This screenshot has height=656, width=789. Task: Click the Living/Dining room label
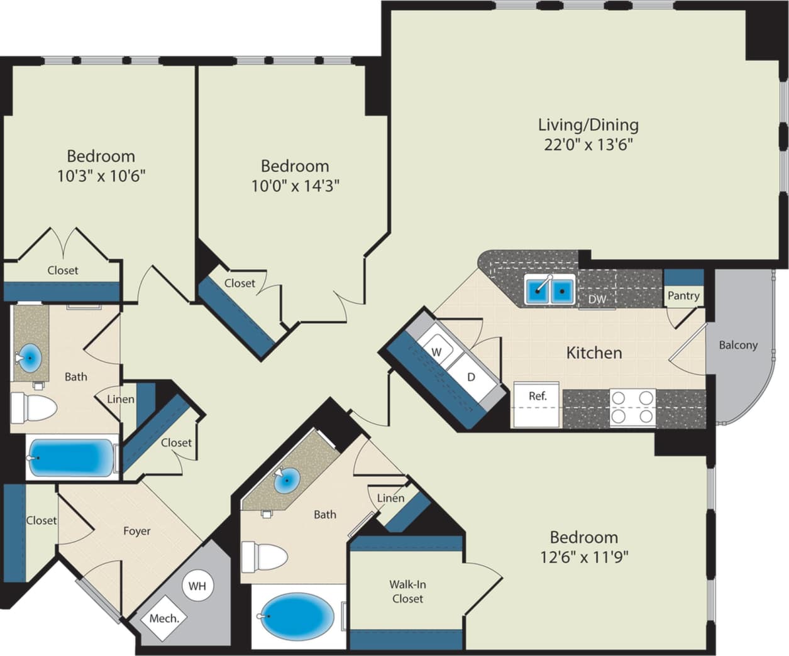pyautogui.click(x=588, y=124)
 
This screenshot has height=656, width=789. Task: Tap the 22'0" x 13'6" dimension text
pyautogui.click(x=588, y=145)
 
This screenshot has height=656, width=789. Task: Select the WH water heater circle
pyautogui.click(x=197, y=586)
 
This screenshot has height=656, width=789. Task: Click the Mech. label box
pyautogui.click(x=164, y=618)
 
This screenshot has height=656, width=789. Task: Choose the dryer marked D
pyautogui.click(x=470, y=377)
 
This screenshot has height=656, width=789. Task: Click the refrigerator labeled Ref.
pyautogui.click(x=537, y=396)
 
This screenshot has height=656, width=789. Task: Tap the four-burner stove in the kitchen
pyautogui.click(x=632, y=407)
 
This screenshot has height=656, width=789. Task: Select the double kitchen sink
pyautogui.click(x=550, y=290)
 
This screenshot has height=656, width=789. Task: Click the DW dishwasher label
pyautogui.click(x=597, y=300)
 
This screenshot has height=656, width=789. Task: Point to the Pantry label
pyautogui.click(x=683, y=295)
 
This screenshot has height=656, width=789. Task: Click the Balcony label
pyautogui.click(x=738, y=345)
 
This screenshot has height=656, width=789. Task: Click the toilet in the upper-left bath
pyautogui.click(x=34, y=408)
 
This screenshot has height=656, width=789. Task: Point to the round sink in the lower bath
pyautogui.click(x=287, y=483)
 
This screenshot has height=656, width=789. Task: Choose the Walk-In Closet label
pyautogui.click(x=408, y=591)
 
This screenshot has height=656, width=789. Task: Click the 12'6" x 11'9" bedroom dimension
pyautogui.click(x=583, y=556)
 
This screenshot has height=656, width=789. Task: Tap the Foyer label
pyautogui.click(x=136, y=531)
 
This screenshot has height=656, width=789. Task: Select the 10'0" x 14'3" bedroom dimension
pyautogui.click(x=295, y=186)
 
